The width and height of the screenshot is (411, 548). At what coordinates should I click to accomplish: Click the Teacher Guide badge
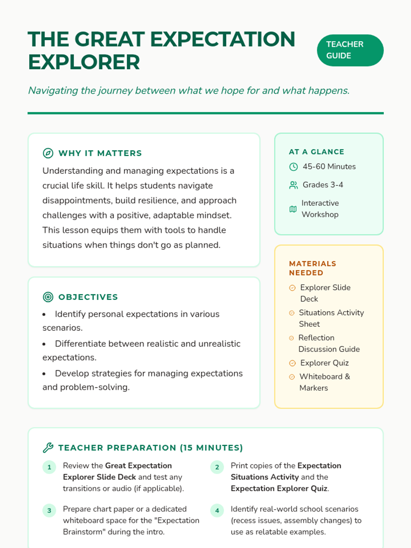coord(350,50)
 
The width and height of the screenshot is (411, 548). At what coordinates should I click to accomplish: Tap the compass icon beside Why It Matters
coord(48,153)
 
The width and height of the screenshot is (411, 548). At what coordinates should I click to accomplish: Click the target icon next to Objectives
coord(48,297)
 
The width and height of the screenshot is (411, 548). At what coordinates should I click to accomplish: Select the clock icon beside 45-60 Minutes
coord(294,167)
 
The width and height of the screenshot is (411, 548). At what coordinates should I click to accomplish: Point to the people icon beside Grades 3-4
coord(294,185)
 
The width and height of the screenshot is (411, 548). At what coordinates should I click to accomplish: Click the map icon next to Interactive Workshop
coord(293,209)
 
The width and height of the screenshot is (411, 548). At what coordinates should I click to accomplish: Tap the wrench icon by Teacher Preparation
coord(48,448)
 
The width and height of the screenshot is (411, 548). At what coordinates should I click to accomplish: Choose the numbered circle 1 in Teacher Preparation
coord(49,467)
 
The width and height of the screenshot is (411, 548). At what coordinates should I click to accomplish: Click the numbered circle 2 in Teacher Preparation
coord(217,467)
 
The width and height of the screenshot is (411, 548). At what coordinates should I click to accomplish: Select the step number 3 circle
coord(49,511)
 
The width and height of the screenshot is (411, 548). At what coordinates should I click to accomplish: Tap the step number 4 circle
coord(217,511)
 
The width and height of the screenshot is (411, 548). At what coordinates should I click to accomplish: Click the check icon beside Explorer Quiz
coord(292,363)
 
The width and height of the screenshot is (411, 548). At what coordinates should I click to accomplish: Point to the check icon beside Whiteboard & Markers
coord(292,377)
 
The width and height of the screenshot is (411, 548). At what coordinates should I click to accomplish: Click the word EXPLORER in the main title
coord(84,62)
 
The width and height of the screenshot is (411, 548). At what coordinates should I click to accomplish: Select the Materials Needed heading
coord(312,268)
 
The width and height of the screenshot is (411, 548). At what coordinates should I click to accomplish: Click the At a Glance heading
coord(316,152)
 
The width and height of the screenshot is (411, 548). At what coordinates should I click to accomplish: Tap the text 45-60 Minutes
coord(329,166)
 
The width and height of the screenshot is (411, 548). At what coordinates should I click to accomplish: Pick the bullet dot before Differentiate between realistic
coord(44,344)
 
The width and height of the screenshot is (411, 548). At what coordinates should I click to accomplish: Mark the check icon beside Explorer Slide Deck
coord(292,288)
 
